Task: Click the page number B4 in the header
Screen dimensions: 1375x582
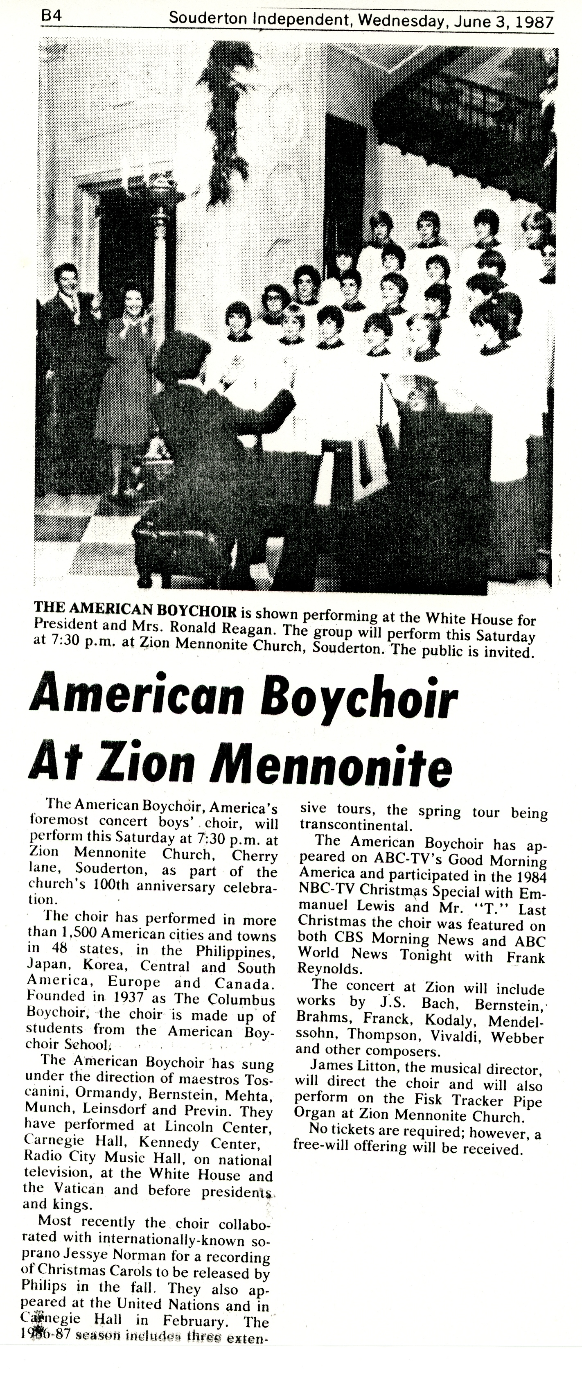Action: click(x=52, y=16)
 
